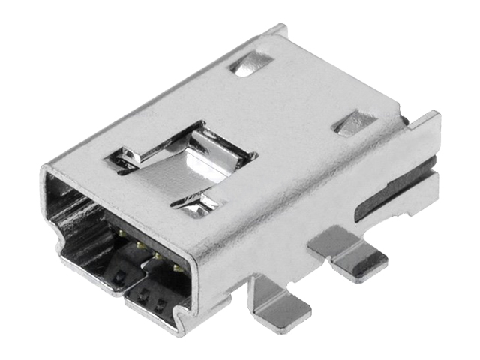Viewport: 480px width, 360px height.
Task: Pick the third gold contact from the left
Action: pyautogui.click(x=157, y=256)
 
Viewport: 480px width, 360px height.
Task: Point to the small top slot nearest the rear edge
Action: pyautogui.click(x=251, y=64)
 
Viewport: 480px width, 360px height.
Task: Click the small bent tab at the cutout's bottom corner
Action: pyautogui.click(x=203, y=202)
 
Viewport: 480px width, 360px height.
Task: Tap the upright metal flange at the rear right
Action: pyautogui.click(x=424, y=161)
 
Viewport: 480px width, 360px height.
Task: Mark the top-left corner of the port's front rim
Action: pyautogui.click(x=46, y=172)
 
